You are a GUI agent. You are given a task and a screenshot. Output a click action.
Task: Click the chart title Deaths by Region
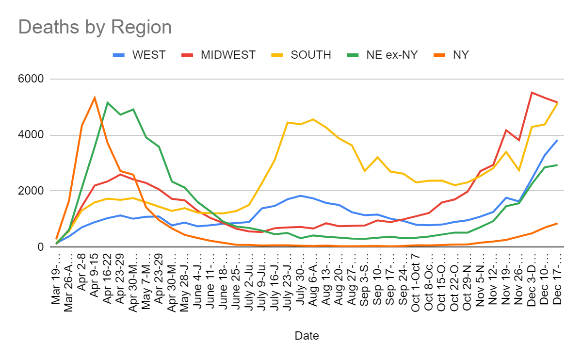coord(95,27)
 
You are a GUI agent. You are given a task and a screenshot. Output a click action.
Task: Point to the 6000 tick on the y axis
coord(31,79)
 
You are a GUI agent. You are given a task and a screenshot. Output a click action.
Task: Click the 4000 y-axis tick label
coord(31,135)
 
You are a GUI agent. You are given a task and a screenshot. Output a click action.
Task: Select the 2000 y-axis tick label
coord(31,191)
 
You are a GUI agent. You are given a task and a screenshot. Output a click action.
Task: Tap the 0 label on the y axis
coord(41,247)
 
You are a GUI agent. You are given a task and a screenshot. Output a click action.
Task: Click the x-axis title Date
coord(307,335)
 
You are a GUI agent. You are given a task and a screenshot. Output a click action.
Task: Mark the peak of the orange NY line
coord(95,98)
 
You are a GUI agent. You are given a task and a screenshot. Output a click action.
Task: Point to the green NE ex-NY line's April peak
coord(107,102)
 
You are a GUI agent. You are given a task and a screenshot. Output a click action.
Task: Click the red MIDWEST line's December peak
coord(532,92)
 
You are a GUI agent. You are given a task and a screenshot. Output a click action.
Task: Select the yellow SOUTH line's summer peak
coord(313,119)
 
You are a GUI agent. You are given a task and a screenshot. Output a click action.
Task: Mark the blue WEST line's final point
coord(557,140)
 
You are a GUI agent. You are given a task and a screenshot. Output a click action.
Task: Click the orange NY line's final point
coord(557,223)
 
